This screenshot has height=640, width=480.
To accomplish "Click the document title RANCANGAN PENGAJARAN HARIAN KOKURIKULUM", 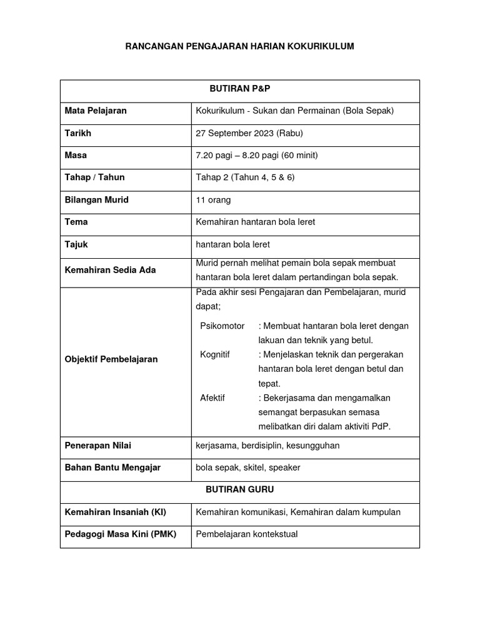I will point(239,46).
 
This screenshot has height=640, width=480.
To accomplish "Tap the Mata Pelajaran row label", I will point(96,111).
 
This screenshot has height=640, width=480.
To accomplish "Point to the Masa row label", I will point(76,155).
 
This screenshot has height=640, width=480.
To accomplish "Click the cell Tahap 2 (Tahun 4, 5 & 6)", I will point(245,177).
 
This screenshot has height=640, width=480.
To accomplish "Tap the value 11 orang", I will point(213,200).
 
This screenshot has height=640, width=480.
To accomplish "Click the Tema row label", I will point(76,222).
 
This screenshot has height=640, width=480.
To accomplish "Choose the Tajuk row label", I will point(76,244).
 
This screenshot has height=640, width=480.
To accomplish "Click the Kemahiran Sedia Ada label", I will point(110,270).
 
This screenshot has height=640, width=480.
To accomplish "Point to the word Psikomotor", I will point(222,326).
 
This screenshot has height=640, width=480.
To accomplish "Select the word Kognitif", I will point(215,355).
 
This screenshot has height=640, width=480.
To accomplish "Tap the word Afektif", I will point(212,397).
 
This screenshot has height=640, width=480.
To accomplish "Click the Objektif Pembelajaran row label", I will point(111,359).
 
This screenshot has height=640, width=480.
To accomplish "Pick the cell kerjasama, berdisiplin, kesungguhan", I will point(267,446).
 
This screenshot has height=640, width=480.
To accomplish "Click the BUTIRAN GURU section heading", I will point(239,490).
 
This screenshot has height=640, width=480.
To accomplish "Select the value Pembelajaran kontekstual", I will point(247,534).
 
